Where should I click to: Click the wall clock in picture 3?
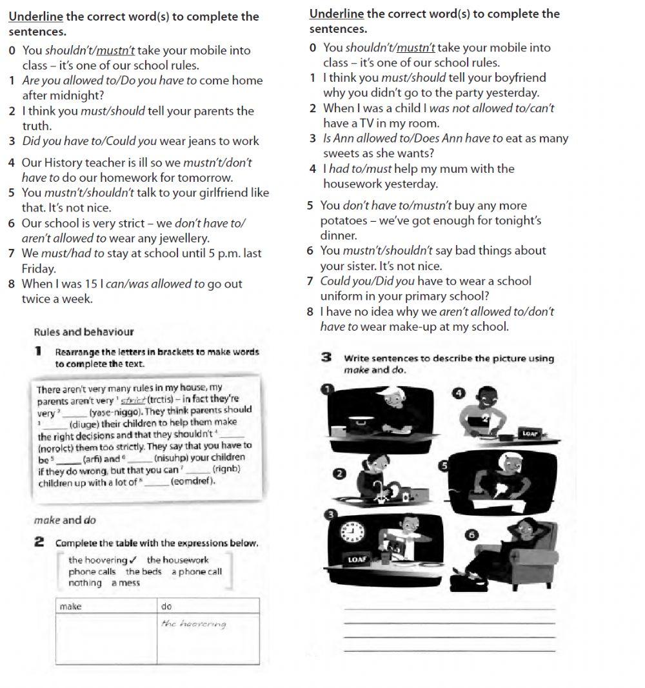coord(352,532)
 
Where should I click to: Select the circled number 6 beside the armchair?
coord(472,535)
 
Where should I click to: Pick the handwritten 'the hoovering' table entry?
coord(194,624)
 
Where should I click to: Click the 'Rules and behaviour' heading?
coord(83,332)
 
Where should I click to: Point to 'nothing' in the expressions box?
coord(85,583)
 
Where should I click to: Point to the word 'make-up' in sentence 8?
coord(412,327)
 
